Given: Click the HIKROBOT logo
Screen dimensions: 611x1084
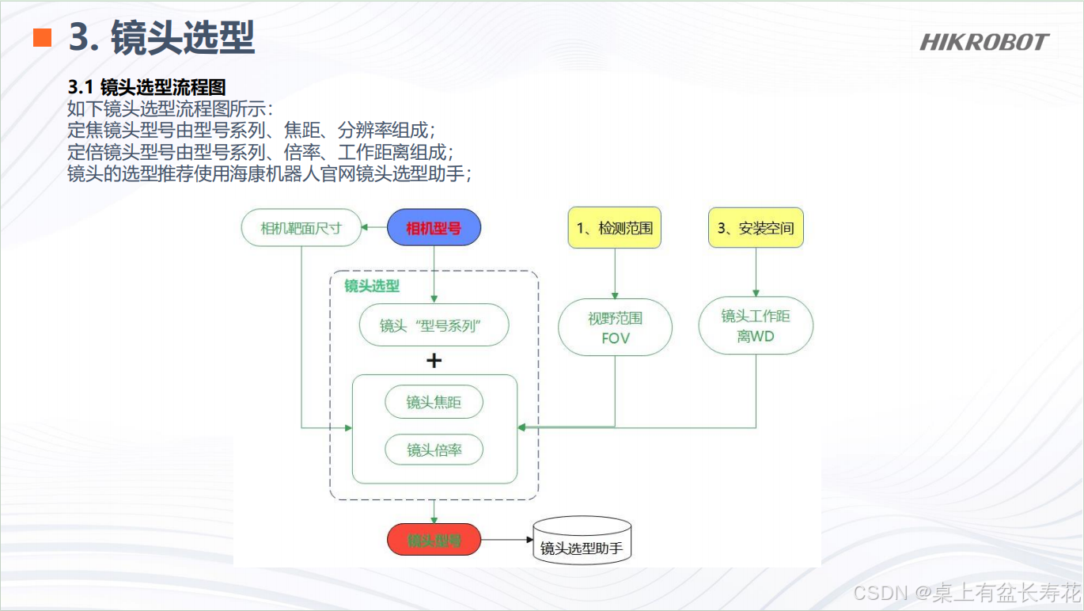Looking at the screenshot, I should click(x=984, y=42).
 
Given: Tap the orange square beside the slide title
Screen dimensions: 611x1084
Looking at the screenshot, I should click(x=42, y=38).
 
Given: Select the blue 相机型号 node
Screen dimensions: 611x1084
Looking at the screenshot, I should click(x=434, y=229).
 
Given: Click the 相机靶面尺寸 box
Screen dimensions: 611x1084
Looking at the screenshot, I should click(x=301, y=229).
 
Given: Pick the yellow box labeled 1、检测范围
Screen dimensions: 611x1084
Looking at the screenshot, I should click(x=614, y=229).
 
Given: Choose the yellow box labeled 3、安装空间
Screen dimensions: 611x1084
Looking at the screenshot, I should click(x=755, y=229).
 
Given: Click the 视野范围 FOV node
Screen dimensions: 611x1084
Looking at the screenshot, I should click(x=615, y=328).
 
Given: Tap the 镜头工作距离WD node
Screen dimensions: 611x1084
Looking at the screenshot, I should click(x=755, y=325).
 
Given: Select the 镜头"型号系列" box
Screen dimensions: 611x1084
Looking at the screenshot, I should click(x=434, y=325).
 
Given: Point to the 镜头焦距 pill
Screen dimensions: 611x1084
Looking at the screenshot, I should click(x=434, y=403).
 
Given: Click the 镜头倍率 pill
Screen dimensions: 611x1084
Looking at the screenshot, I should click(x=434, y=450).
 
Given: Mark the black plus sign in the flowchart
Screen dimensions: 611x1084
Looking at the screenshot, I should click(x=434, y=361).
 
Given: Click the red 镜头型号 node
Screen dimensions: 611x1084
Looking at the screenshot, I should click(x=434, y=541).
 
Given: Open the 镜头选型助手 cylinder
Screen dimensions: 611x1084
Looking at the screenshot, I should click(x=582, y=541).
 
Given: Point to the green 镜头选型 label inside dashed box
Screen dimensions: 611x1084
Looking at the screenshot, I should click(x=372, y=286).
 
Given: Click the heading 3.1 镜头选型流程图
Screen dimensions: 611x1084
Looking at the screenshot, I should click(x=147, y=88).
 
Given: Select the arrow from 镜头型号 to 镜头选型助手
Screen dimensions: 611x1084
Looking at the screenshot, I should click(x=506, y=541).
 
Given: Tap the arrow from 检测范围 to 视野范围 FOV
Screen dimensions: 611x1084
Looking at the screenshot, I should click(x=615, y=273).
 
